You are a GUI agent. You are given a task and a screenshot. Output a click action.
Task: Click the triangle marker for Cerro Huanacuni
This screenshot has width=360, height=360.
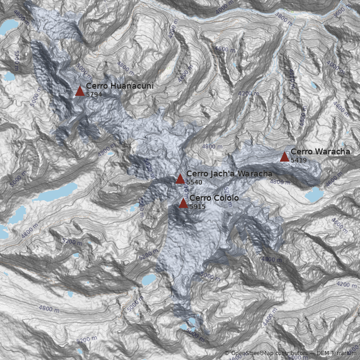(80, 91)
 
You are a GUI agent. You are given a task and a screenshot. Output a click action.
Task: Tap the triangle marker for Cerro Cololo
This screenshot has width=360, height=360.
(183, 203)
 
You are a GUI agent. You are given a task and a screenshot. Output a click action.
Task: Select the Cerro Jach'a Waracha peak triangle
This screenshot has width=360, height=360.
(180, 179)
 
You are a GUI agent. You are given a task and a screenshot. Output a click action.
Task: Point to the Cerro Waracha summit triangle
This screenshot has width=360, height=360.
(284, 157)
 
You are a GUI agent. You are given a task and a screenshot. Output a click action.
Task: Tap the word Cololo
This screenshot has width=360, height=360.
(223, 198)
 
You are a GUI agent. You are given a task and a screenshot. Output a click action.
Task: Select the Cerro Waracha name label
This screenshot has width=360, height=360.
(320, 152)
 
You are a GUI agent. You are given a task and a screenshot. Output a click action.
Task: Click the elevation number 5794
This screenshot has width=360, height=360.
(94, 94)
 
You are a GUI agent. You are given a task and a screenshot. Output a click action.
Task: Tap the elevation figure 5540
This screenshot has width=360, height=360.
(194, 182)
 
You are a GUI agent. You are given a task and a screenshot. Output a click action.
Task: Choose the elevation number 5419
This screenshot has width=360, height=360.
(299, 160)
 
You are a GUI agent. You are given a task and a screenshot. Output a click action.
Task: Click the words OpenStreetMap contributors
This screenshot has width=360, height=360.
(268, 353)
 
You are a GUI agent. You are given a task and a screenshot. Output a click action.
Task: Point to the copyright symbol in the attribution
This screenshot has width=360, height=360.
(227, 353)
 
